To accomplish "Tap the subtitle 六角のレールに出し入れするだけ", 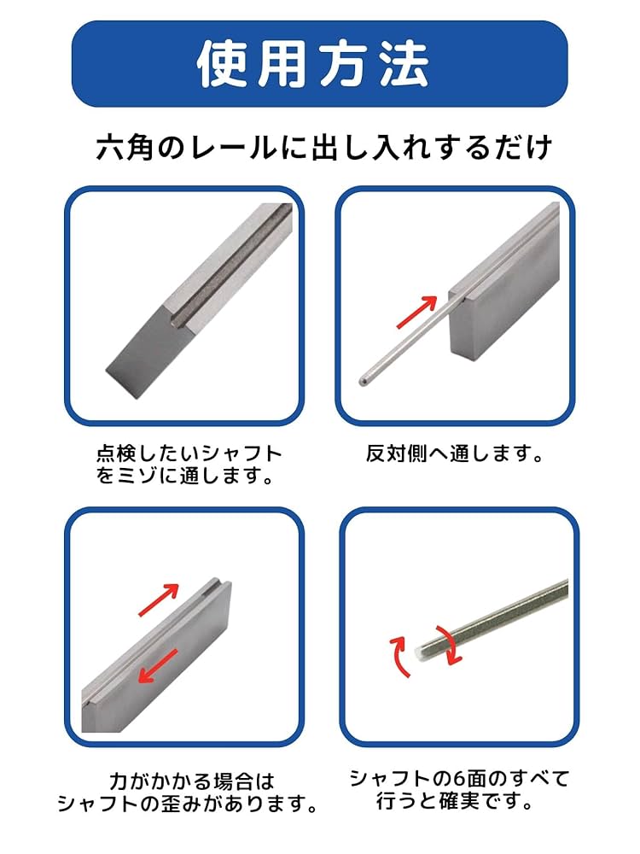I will point(323,148).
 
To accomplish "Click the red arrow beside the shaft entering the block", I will point(417,312).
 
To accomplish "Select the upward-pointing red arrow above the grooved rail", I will point(159,600).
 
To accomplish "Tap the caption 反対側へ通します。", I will point(454,453).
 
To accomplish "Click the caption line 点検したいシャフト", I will point(189,453).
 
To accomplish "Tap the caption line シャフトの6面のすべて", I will point(459,778).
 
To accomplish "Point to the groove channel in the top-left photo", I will point(230,260).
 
